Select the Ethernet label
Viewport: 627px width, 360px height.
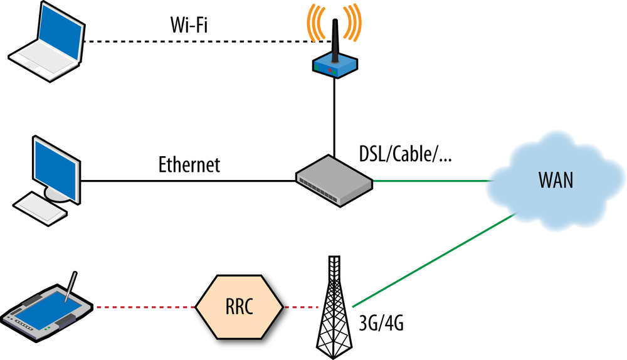tap(189, 165)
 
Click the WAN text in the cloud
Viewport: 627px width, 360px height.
tap(556, 180)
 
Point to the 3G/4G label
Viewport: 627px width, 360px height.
tap(381, 325)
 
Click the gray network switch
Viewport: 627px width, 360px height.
tap(334, 180)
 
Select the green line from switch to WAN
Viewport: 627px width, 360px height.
tap(433, 181)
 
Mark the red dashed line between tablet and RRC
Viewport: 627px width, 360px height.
tap(144, 307)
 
